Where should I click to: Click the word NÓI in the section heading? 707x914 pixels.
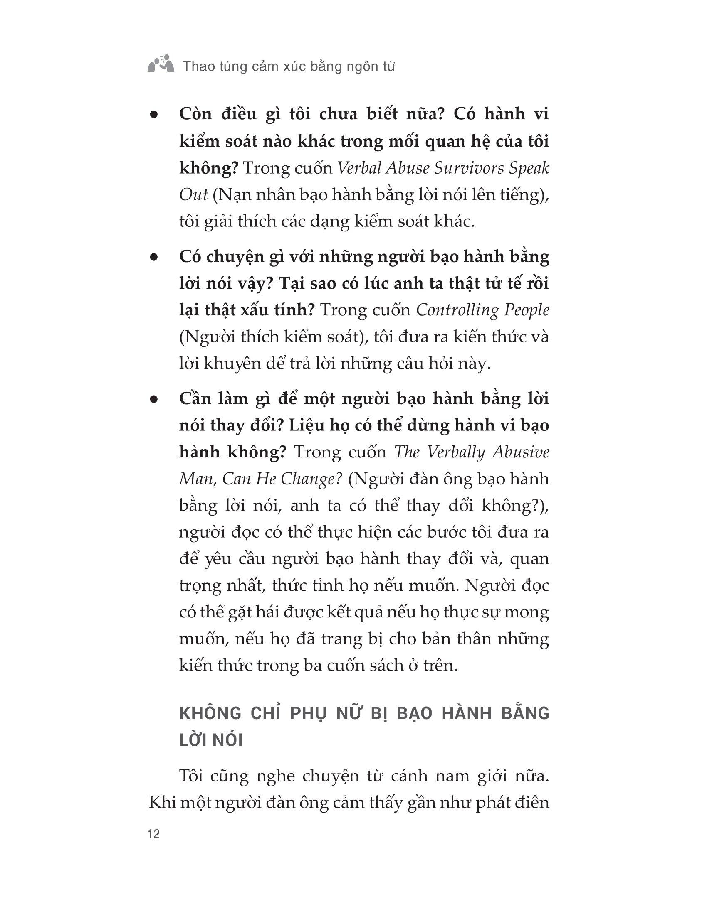click(228, 740)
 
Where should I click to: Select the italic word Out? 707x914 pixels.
click(193, 195)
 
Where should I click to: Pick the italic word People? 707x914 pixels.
click(526, 310)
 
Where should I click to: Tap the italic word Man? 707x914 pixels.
click(197, 479)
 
